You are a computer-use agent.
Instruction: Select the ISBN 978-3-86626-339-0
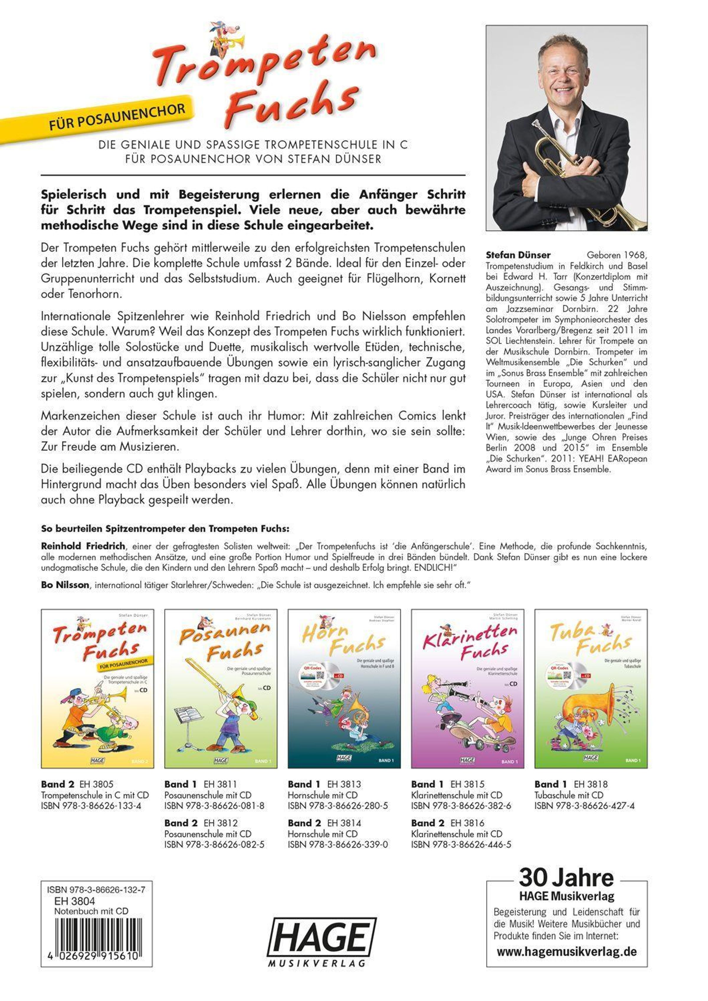coord(338,844)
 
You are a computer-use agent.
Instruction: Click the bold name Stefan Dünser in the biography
coord(518,255)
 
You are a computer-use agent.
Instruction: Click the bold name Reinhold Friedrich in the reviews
coord(83,546)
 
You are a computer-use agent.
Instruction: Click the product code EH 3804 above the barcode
coord(75,901)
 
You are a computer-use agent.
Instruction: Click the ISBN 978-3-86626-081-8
coord(214,806)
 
